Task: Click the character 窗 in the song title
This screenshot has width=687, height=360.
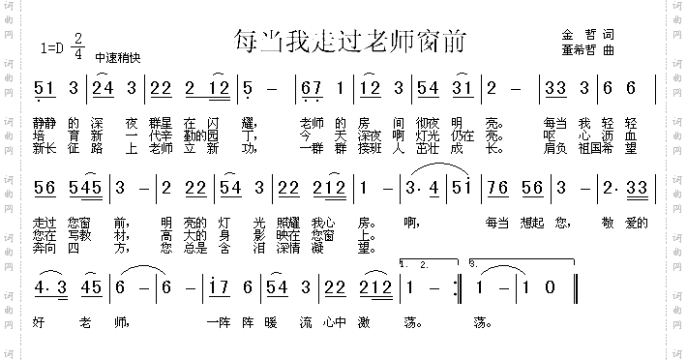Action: pyautogui.click(x=427, y=42)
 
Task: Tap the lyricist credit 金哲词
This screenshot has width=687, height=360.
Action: pyautogui.click(x=587, y=36)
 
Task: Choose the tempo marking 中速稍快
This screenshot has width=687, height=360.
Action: pyautogui.click(x=119, y=57)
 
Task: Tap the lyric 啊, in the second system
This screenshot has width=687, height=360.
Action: pyautogui.click(x=416, y=224)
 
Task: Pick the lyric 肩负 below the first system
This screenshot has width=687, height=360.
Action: pyautogui.click(x=554, y=149)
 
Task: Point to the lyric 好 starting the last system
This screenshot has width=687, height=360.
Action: pyautogui.click(x=39, y=320)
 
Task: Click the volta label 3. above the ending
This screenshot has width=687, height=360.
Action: pyautogui.click(x=472, y=262)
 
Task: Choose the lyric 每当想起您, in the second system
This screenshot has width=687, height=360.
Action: pyautogui.click(x=524, y=224)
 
